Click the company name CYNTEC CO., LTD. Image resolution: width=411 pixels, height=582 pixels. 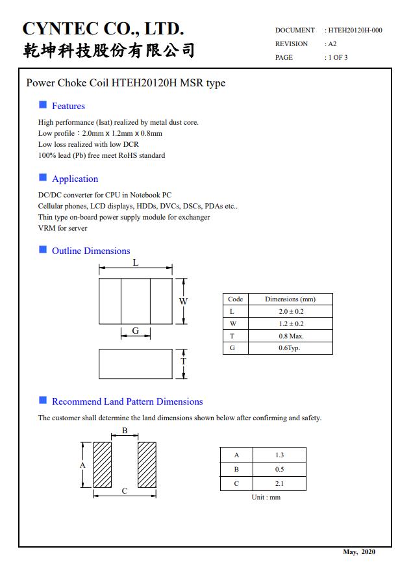click(103, 29)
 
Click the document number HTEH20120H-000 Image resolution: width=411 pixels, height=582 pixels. click(355, 31)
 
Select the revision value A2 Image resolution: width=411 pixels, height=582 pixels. click(332, 44)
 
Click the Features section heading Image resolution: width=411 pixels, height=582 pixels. click(68, 106)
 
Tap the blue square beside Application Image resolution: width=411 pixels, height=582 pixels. click(43, 177)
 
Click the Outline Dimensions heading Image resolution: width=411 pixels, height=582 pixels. click(91, 251)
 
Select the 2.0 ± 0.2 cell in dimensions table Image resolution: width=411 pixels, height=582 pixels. click(290, 311)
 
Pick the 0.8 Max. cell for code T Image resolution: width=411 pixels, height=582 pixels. click(290, 336)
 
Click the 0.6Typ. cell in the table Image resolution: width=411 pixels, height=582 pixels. click(290, 348)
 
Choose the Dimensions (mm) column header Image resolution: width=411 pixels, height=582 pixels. click(290, 299)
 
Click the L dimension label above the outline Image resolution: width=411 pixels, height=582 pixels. click(135, 263)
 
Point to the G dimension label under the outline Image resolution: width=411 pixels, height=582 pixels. click(135, 331)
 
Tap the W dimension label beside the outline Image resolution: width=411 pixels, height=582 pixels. click(183, 301)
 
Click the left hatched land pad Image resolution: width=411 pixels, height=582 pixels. click(103, 465)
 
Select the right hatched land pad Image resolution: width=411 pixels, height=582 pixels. click(147, 465)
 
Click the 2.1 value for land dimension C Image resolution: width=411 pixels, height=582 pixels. click(279, 484)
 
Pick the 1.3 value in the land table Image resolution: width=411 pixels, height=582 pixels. click(279, 455)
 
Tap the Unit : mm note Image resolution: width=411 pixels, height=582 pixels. click(266, 498)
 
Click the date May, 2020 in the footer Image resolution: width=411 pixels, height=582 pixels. click(358, 552)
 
